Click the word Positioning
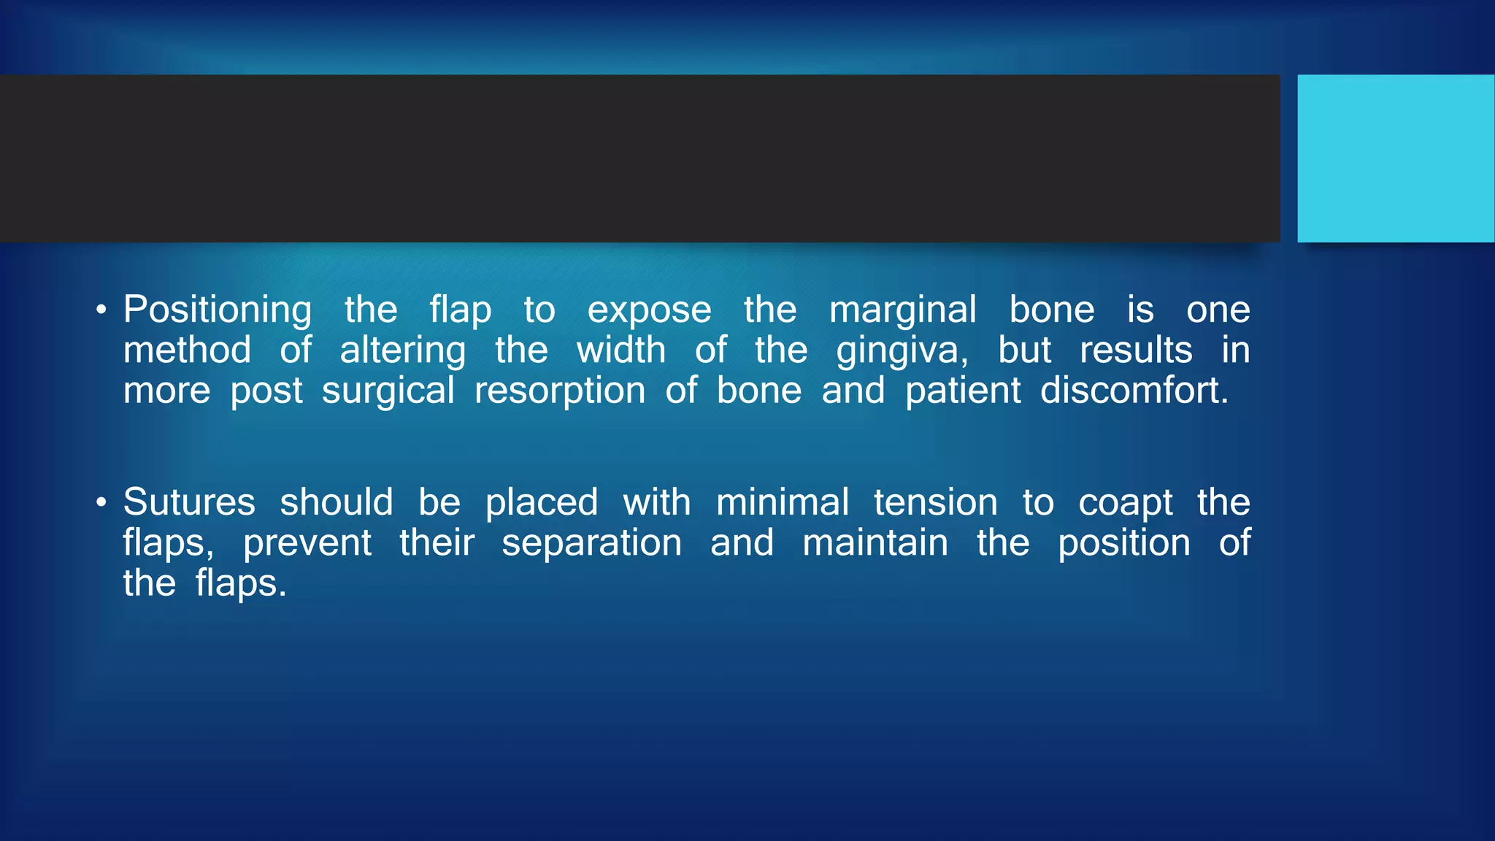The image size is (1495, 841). coord(218,310)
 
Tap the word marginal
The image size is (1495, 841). coord(902,310)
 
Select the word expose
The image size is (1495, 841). coord(649,310)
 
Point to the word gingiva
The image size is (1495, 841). coord(902,351)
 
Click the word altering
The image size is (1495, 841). coord(402,351)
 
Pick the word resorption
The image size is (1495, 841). coord(560,391)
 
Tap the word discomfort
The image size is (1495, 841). coord(1134,391)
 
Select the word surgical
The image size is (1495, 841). coord(388,391)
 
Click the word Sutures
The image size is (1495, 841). coord(189,502)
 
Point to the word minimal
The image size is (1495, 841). coord(783,502)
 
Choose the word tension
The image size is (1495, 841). coord(935,502)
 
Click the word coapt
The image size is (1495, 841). coord(1126,504)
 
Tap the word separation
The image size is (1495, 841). coord(591,543)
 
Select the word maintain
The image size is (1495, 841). coord(875,543)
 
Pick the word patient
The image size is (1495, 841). coord(963,391)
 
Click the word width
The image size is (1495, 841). coord(621,350)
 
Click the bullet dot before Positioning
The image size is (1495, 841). coord(101,310)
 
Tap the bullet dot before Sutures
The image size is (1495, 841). coord(101,503)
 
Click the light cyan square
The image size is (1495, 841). coord(1395,158)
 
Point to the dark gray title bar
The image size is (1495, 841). coord(639,158)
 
